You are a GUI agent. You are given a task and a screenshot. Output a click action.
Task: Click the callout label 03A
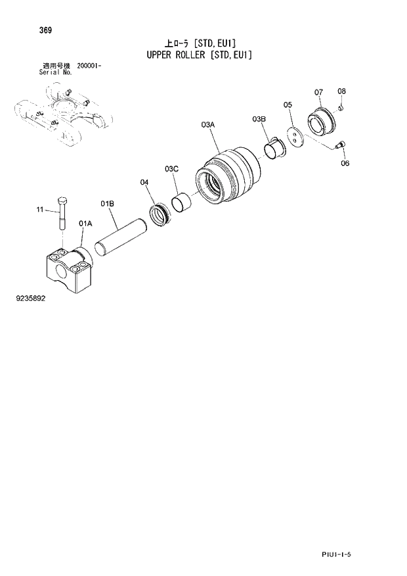209,124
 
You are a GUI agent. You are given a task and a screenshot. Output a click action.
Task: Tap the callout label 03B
259,119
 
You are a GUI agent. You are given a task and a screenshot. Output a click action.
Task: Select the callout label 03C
172,169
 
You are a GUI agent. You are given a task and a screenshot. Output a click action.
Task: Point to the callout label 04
144,182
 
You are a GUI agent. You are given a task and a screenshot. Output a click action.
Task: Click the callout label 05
288,105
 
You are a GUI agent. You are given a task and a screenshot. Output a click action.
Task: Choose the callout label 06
345,163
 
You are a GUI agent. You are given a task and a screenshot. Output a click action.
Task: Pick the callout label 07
318,91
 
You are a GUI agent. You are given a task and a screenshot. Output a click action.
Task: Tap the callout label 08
342,91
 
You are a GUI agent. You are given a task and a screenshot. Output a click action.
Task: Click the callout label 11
39,210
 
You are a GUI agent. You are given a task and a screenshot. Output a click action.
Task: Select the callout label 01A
85,224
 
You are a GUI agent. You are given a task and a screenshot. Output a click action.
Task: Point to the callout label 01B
108,204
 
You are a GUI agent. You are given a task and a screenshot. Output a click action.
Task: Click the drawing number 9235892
32,298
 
